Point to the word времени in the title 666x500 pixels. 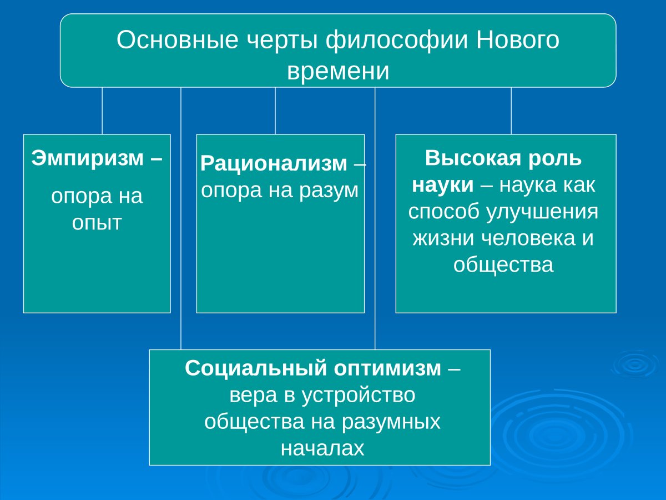click(x=338, y=72)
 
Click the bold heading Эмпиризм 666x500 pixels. click(x=88, y=158)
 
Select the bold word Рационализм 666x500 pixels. click(x=274, y=164)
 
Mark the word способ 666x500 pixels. click(x=443, y=212)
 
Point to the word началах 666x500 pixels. click(x=322, y=448)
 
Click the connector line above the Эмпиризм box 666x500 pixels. click(x=102, y=111)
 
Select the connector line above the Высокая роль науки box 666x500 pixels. click(x=511, y=111)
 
